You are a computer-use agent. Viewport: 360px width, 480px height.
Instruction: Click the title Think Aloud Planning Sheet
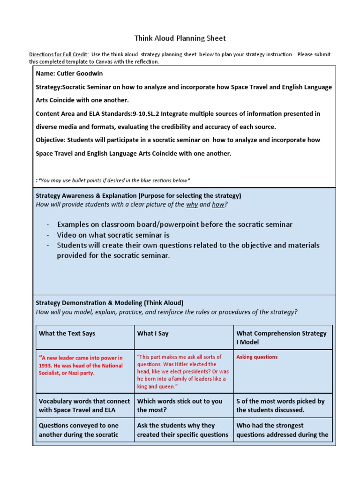[x=180, y=38]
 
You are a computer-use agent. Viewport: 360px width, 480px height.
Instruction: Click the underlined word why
[x=192, y=204]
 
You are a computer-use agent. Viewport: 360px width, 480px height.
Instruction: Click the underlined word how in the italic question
[x=218, y=204]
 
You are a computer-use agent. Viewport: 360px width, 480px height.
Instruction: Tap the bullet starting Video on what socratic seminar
[x=113, y=235]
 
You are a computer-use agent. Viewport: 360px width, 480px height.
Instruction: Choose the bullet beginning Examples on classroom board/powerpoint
[x=174, y=224]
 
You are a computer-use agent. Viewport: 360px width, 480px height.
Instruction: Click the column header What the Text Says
[x=67, y=333]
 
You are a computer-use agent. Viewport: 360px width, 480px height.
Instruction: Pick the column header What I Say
[x=153, y=333]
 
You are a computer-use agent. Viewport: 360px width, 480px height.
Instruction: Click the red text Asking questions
[x=257, y=357]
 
